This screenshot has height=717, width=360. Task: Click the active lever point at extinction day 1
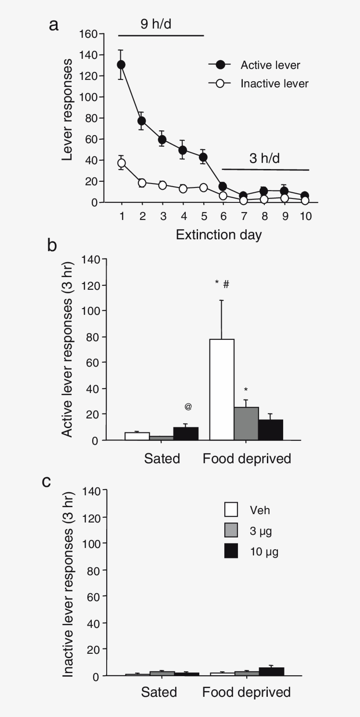pyautogui.click(x=121, y=65)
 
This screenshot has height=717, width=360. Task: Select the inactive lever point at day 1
pyautogui.click(x=121, y=163)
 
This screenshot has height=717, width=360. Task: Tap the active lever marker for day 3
pyautogui.click(x=162, y=140)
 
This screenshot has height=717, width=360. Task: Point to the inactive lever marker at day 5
pyautogui.click(x=203, y=187)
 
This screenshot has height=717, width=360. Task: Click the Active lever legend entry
pyautogui.click(x=270, y=65)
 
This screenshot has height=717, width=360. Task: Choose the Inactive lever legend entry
pyautogui.click(x=274, y=83)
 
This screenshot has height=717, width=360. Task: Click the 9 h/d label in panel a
pyautogui.click(x=155, y=24)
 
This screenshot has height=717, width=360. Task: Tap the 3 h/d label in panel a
pyautogui.click(x=264, y=158)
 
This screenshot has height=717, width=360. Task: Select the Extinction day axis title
pyautogui.click(x=219, y=234)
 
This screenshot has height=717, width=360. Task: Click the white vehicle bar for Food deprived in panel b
pyautogui.click(x=222, y=389)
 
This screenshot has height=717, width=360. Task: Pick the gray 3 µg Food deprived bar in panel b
pyautogui.click(x=246, y=423)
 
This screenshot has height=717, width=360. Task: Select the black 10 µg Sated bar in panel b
pyautogui.click(x=186, y=433)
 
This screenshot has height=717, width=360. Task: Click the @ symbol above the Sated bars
pyautogui.click(x=188, y=407)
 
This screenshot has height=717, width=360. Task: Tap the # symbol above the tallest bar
pyautogui.click(x=226, y=284)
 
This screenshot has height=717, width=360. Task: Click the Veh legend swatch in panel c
pyautogui.click(x=231, y=510)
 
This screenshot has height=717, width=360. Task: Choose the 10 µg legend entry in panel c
pyautogui.click(x=263, y=551)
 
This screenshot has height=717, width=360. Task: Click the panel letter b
pyautogui.click(x=52, y=245)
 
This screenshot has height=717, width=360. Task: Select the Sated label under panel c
pyautogui.click(x=159, y=692)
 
